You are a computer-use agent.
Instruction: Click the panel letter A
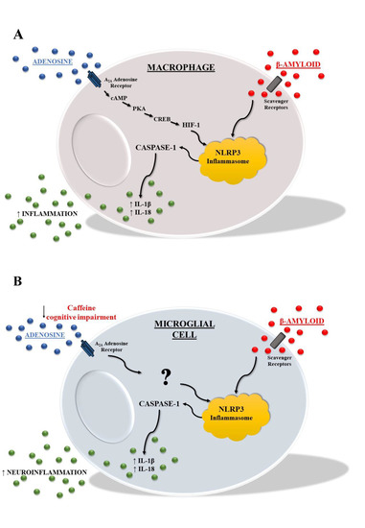18,34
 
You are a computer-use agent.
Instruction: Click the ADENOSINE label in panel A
47,59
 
